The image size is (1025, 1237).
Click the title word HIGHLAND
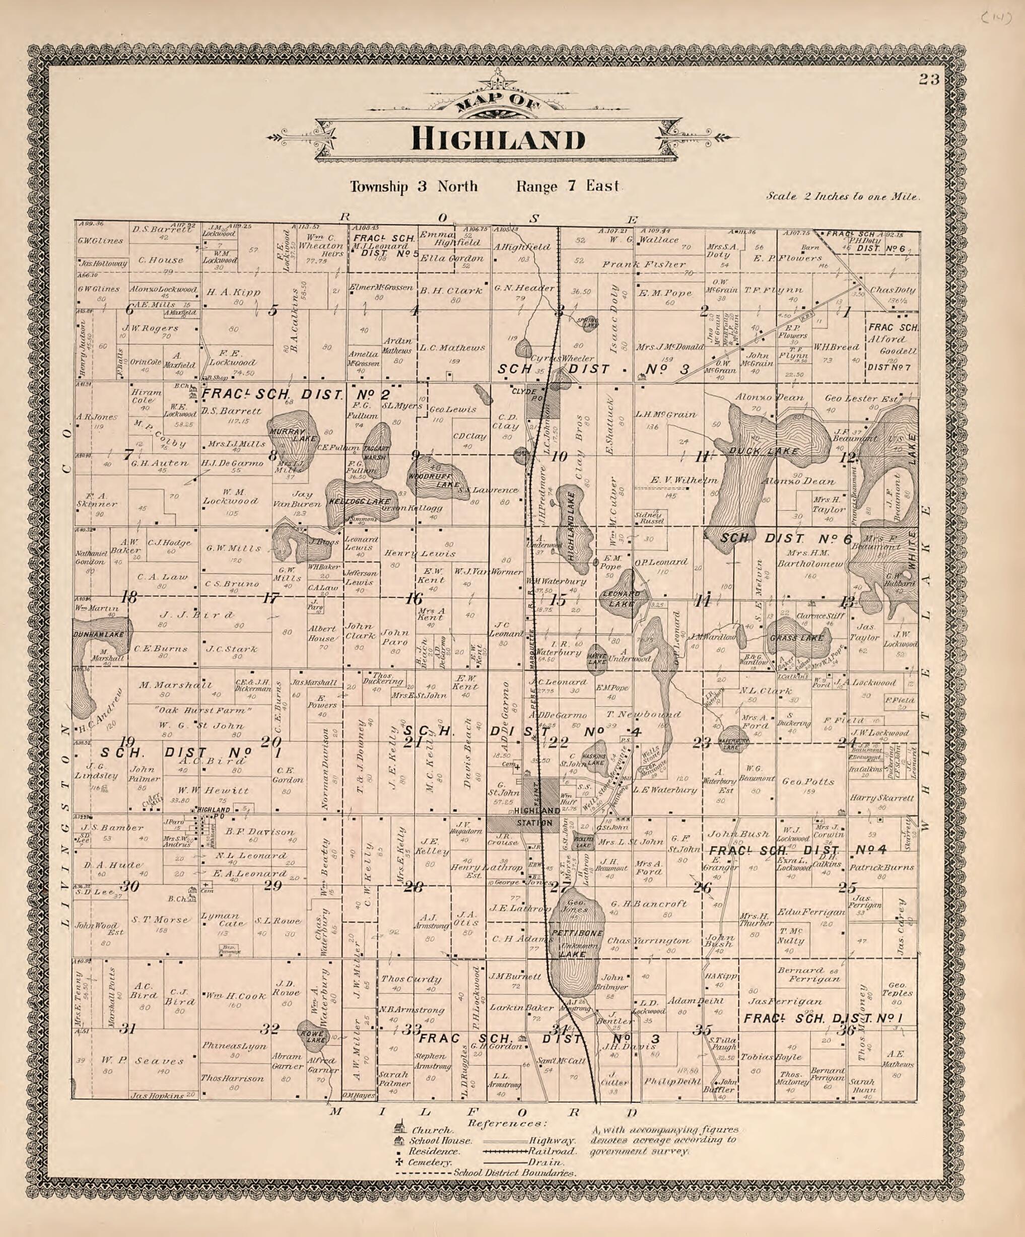click(498, 140)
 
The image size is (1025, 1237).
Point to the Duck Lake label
click(764, 451)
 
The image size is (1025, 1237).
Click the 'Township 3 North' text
click(414, 187)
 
